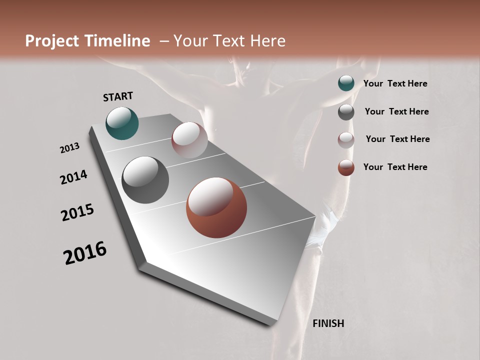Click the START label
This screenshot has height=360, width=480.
pos(118,96)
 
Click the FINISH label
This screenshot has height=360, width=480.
pos(328,323)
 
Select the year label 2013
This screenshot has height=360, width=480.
pos(70,148)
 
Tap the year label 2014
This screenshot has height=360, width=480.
pos(74,177)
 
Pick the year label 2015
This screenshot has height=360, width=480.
pos(77,212)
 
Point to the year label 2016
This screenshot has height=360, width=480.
pos(85,253)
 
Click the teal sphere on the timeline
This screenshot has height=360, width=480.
pos(122,123)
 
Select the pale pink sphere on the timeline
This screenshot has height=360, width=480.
pos(189,140)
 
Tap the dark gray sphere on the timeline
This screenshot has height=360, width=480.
pos(145,180)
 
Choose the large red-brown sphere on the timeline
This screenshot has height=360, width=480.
pos(216,208)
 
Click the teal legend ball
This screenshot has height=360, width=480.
pos(346,83)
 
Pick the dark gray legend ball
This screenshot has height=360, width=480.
pos(346,112)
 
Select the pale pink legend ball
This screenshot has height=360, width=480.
pos(346,140)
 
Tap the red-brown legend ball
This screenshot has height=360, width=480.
pos(346,167)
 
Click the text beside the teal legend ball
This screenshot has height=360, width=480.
pos(395,84)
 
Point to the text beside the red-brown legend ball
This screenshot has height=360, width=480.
pos(395,167)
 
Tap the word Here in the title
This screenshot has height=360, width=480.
pos(265,41)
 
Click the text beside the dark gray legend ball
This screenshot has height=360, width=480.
pos(396,111)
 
